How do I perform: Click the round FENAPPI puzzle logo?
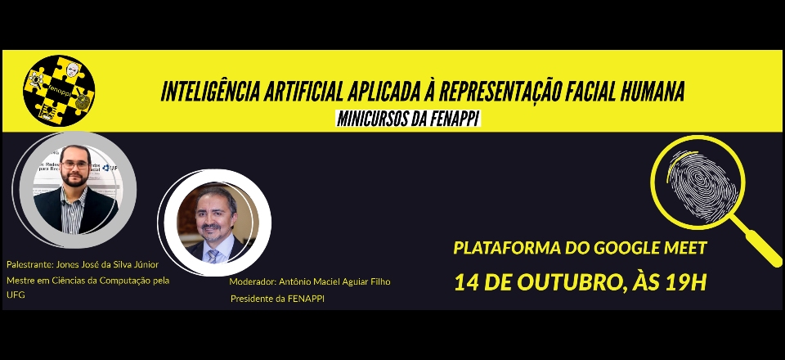coord(59,91)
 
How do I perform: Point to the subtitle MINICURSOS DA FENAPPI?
coord(409,119)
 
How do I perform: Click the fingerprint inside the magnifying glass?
coord(702,185)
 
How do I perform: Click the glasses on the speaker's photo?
coord(75,164)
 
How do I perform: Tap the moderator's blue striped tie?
coord(213,256)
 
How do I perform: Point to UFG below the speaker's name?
coord(16,295)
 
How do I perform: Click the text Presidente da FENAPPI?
coord(277,299)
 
